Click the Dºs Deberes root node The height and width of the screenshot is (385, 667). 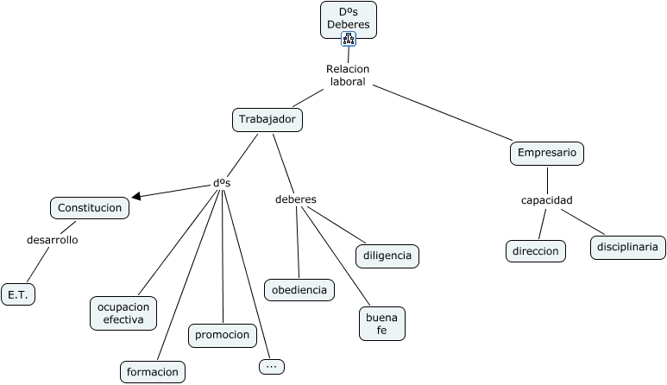349,18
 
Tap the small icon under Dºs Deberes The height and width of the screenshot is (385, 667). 349,39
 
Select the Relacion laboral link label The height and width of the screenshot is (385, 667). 348,75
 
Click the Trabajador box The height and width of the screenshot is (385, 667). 267,119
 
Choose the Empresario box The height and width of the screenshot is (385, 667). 548,154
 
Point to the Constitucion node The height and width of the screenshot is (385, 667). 90,207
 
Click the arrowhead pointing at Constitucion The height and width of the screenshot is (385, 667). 136,196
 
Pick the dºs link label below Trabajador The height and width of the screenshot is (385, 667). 222,183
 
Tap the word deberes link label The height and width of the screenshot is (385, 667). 295,199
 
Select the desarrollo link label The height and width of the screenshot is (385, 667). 53,239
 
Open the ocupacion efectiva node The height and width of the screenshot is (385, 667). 124,312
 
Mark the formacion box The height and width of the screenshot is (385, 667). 153,372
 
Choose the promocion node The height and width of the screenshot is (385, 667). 223,335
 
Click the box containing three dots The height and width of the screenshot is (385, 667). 271,366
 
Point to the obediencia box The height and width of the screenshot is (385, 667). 299,290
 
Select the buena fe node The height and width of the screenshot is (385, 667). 381,323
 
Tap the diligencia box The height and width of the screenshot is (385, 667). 387,256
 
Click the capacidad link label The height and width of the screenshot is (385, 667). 546,200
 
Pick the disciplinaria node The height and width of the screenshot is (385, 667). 627,247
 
